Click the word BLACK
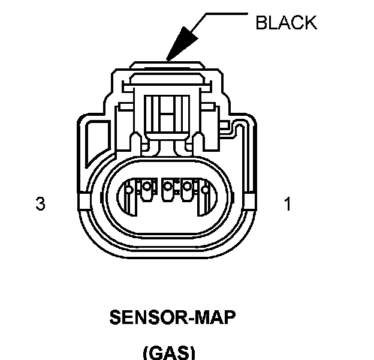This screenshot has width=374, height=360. click(x=285, y=23)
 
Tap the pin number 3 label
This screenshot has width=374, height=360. click(x=40, y=205)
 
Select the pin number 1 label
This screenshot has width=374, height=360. click(x=288, y=205)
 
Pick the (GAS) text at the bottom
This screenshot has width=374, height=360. click(x=170, y=352)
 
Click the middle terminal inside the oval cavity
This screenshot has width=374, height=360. click(x=169, y=190)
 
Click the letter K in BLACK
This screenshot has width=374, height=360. click(x=309, y=23)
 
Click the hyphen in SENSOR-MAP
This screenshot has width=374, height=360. click(x=187, y=318)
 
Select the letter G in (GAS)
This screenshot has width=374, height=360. click(x=155, y=352)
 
